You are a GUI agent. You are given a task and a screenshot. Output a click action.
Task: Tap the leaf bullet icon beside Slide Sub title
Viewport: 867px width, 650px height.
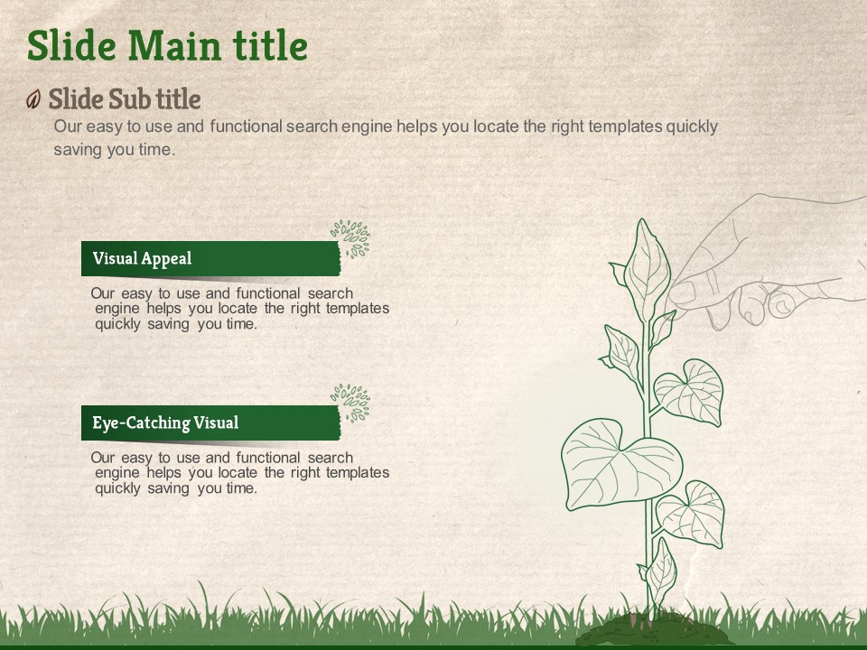pos(33,99)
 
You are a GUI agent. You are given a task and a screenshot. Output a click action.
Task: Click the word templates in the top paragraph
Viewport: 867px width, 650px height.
pos(625,126)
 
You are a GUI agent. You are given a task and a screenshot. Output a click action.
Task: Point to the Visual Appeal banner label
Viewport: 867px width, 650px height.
pos(142,258)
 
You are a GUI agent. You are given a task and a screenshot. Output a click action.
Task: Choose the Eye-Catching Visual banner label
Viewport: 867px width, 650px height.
pos(165,422)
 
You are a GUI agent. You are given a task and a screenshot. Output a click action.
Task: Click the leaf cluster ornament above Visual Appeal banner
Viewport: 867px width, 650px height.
pos(350,238)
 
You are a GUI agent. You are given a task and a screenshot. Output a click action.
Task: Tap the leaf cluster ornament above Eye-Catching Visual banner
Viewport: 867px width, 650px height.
pos(350,404)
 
